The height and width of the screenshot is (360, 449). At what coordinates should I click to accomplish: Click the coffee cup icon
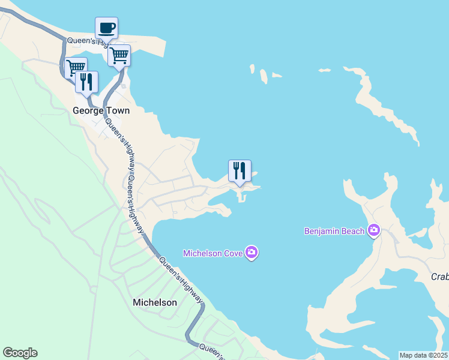106,28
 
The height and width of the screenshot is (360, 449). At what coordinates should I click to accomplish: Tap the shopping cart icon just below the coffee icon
119,55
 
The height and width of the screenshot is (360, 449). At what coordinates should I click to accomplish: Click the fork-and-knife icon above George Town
86,82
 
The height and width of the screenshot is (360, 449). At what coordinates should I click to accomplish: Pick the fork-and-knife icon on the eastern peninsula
240,171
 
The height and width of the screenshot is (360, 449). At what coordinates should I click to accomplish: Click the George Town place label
101,111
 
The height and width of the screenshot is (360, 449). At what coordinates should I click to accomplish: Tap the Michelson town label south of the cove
154,302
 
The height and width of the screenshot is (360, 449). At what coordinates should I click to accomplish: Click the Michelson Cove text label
213,253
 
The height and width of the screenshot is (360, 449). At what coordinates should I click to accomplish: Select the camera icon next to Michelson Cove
252,253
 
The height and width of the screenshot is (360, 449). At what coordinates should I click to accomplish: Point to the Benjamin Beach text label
335,230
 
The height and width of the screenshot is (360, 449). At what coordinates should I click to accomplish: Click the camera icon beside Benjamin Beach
375,230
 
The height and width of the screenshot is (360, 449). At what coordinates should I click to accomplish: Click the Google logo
20,353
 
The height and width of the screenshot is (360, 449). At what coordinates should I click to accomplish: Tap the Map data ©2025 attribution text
423,355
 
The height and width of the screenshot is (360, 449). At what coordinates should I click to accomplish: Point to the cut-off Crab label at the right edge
440,277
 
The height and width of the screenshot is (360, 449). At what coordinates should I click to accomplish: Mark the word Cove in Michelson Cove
231,253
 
